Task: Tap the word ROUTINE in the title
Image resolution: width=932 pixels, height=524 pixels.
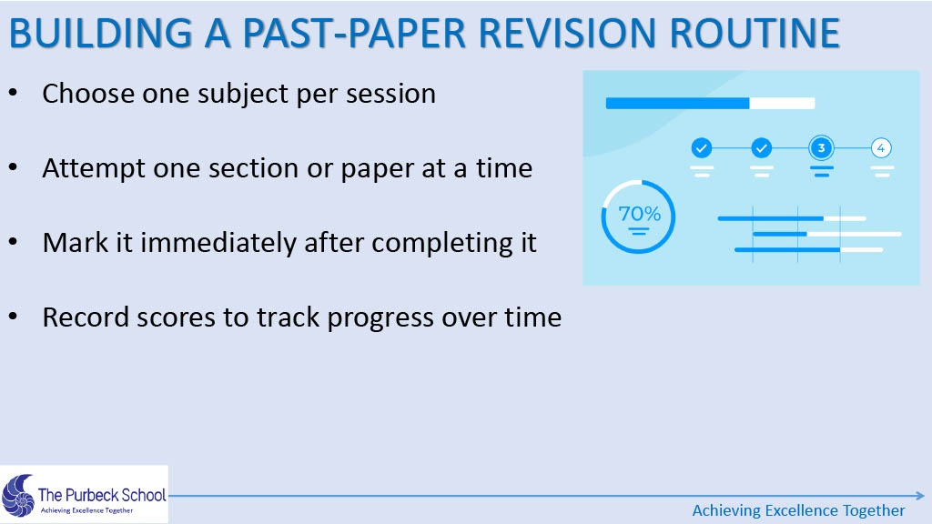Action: click(x=755, y=33)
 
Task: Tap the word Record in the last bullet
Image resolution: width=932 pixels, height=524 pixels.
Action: click(x=86, y=317)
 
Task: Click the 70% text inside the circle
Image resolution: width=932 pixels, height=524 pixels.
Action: click(x=640, y=213)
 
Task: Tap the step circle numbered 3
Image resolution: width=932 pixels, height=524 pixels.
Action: click(x=821, y=148)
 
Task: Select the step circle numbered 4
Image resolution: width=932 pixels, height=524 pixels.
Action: click(x=881, y=148)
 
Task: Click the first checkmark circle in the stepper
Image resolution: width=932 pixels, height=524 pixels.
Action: click(x=702, y=148)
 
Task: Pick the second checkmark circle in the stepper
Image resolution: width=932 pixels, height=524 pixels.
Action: click(x=762, y=148)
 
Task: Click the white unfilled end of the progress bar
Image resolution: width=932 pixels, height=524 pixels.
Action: click(x=782, y=104)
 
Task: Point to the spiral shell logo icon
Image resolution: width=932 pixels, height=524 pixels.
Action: click(x=18, y=496)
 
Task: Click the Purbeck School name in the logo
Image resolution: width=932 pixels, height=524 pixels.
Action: click(x=102, y=495)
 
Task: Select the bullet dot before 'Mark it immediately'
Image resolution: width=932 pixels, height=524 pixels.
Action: click(x=14, y=242)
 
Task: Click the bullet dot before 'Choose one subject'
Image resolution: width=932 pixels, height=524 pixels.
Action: click(x=14, y=94)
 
